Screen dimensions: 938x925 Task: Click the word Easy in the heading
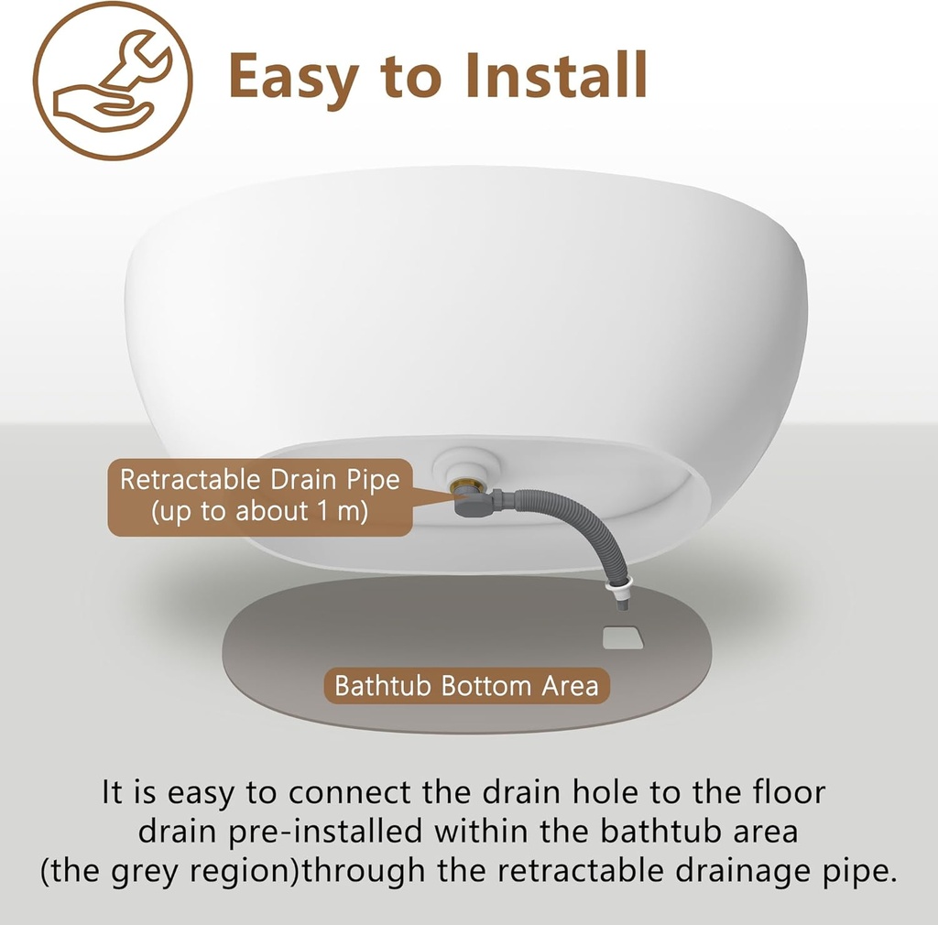294,77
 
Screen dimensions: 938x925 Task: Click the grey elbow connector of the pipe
473,502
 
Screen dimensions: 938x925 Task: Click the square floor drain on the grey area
623,637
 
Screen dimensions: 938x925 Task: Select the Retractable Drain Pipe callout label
260,497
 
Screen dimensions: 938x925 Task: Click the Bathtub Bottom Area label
466,686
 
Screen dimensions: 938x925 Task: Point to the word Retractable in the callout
191,480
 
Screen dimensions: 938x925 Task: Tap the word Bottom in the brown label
486,686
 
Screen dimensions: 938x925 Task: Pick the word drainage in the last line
729,872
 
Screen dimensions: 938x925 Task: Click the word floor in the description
789,791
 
